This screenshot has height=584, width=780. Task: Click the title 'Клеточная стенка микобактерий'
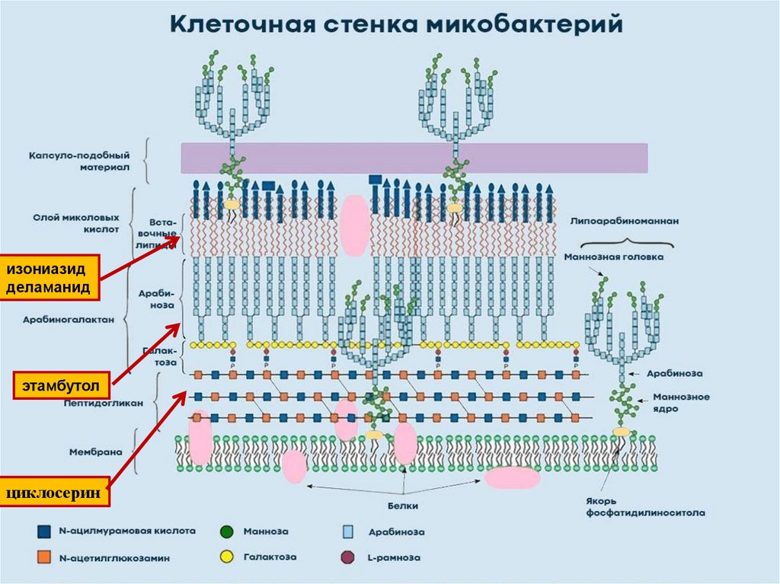[395, 24]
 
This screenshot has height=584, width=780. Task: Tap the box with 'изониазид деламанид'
[50, 278]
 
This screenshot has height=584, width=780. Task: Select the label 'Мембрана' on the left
[93, 452]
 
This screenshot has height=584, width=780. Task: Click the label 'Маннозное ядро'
[680, 402]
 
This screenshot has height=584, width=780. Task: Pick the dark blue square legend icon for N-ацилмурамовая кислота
[44, 531]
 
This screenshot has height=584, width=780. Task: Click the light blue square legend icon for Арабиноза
[347, 531]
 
